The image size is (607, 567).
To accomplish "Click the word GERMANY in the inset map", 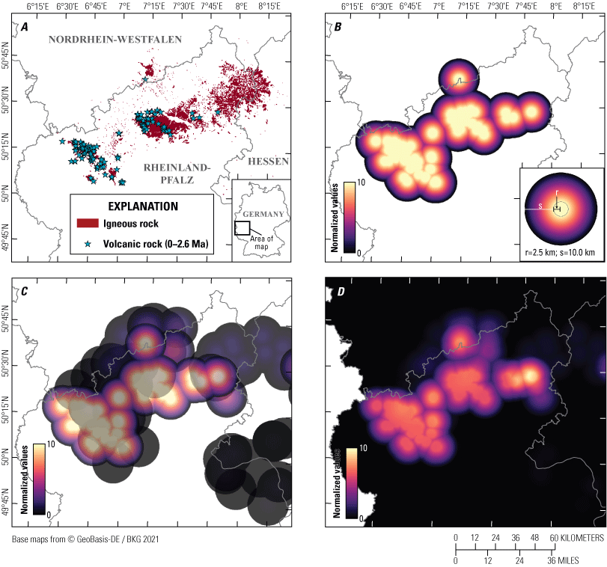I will [x=263, y=214].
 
